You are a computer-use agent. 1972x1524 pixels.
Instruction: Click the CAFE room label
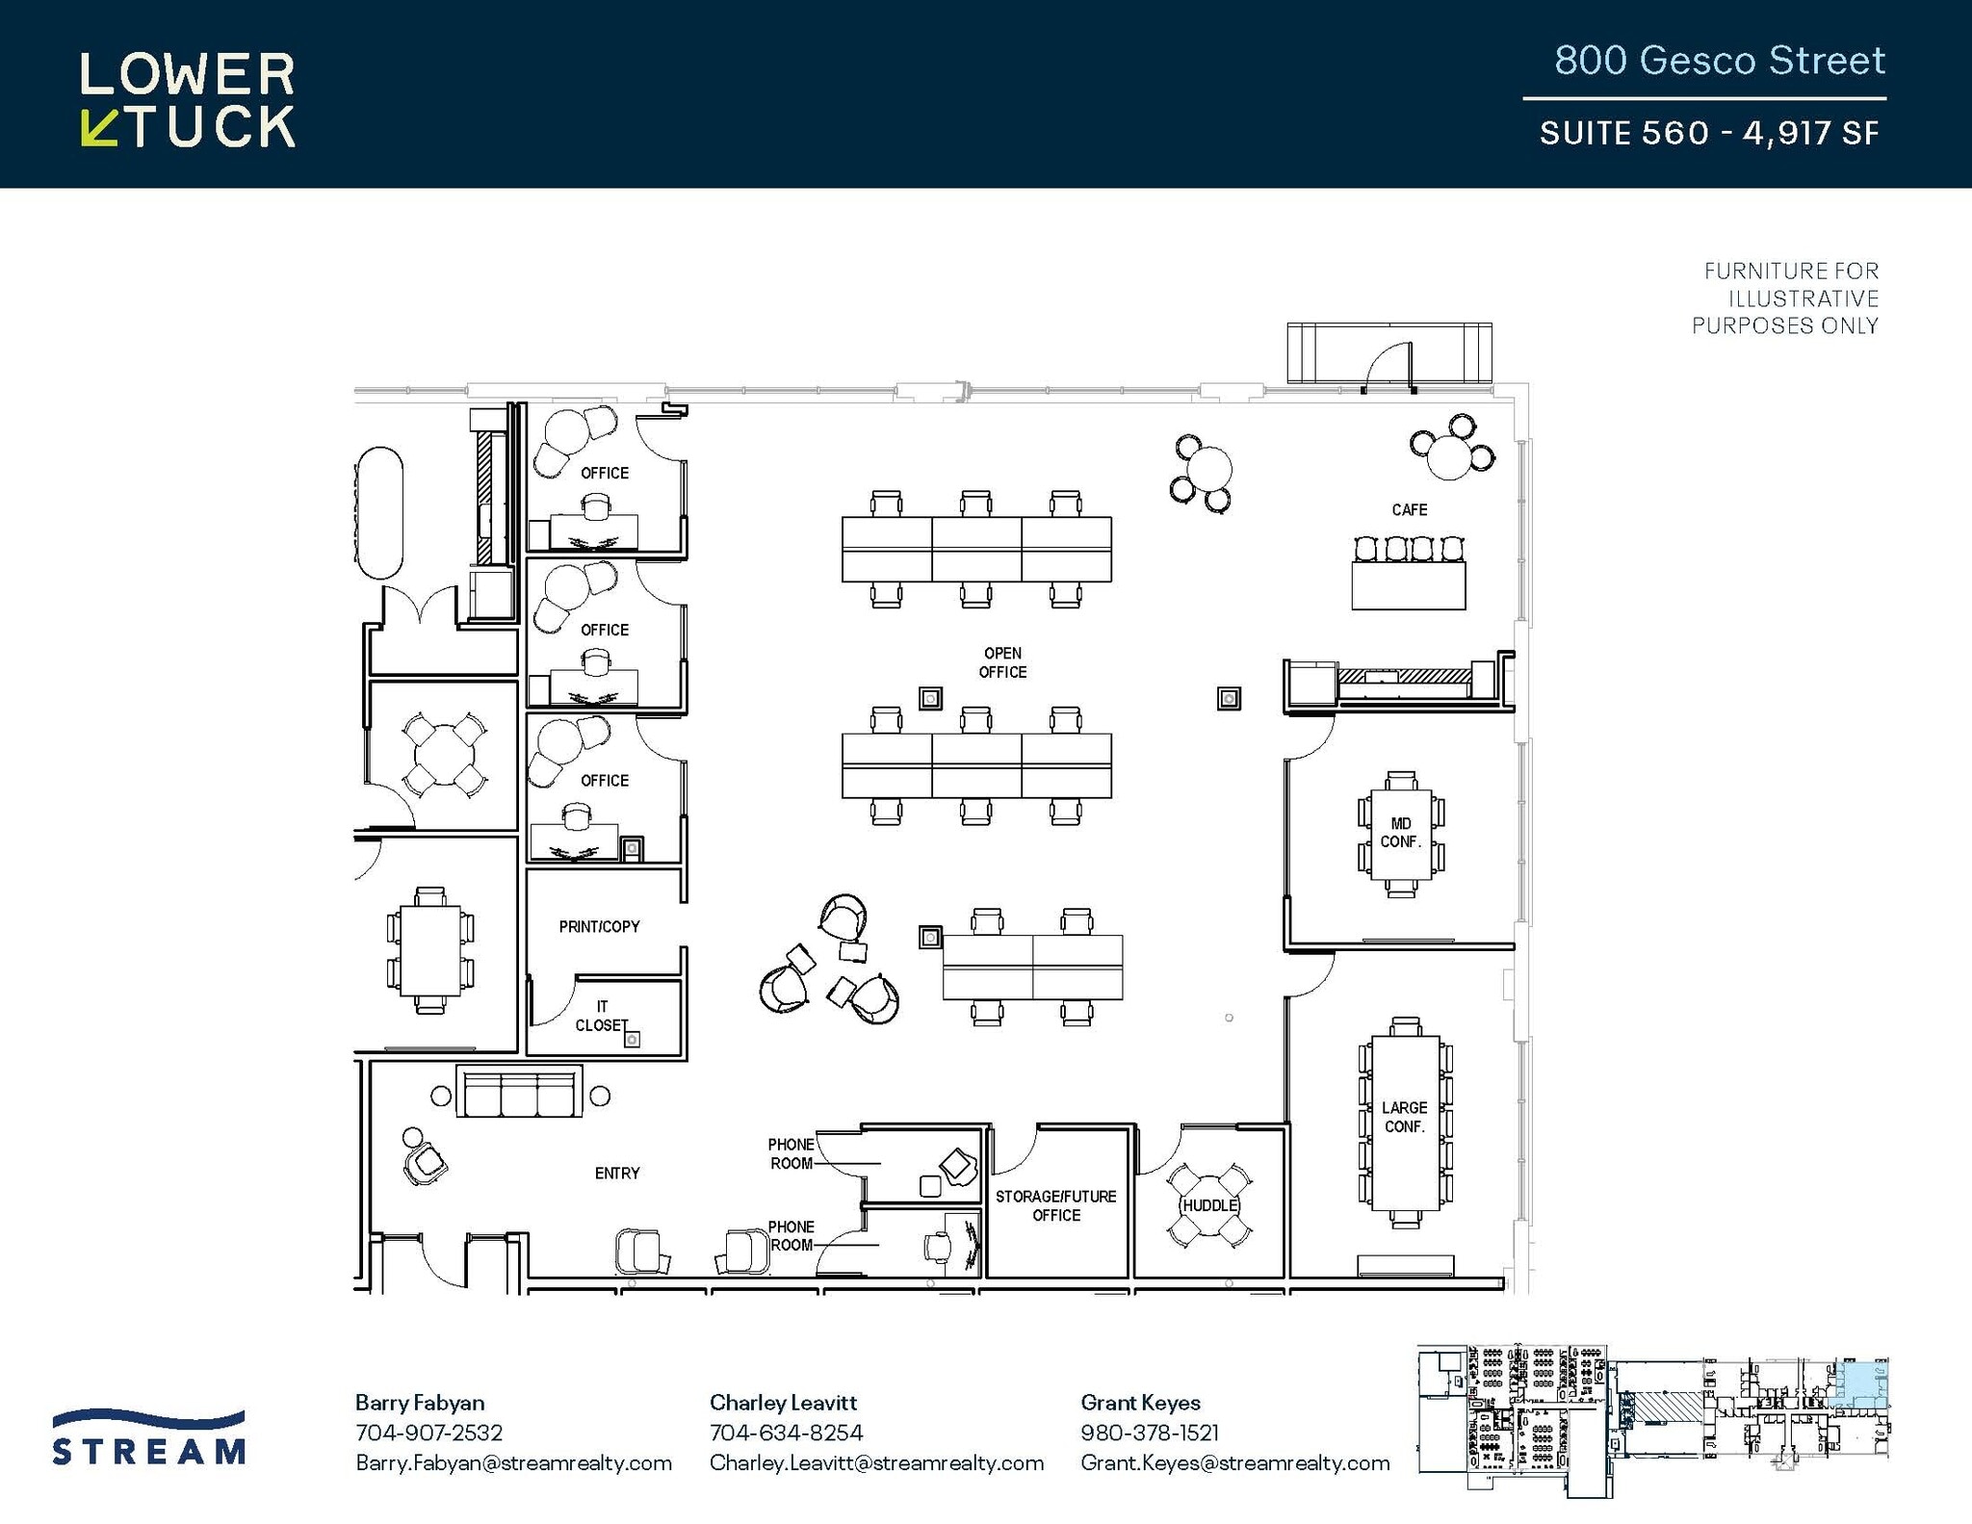pyautogui.click(x=1409, y=509)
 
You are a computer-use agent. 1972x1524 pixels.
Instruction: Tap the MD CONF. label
pyautogui.click(x=1400, y=833)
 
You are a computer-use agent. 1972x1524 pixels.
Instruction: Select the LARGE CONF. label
pyautogui.click(x=1404, y=1117)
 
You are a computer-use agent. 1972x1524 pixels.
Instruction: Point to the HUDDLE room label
pyautogui.click(x=1209, y=1205)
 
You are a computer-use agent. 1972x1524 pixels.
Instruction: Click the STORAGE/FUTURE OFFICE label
pyautogui.click(x=1055, y=1205)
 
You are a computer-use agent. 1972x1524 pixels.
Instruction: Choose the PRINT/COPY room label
pyautogui.click(x=599, y=926)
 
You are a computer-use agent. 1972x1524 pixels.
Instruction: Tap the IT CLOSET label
pyautogui.click(x=602, y=1016)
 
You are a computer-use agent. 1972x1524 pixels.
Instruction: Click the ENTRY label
pyautogui.click(x=616, y=1173)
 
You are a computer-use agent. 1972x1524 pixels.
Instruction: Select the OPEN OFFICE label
pyautogui.click(x=1002, y=662)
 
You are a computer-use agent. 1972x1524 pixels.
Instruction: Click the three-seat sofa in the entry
pyautogui.click(x=519, y=1092)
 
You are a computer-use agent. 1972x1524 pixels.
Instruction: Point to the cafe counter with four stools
pyautogui.click(x=1408, y=584)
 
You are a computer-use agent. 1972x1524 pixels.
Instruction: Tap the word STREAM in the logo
pyautogui.click(x=149, y=1451)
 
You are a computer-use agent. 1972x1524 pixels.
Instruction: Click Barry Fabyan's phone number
pyautogui.click(x=428, y=1433)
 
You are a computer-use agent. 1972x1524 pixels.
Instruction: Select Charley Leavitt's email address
pyautogui.click(x=876, y=1462)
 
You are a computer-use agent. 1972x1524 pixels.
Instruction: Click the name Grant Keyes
pyautogui.click(x=1140, y=1403)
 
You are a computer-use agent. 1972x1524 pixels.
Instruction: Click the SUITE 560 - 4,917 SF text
pyautogui.click(x=1708, y=133)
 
